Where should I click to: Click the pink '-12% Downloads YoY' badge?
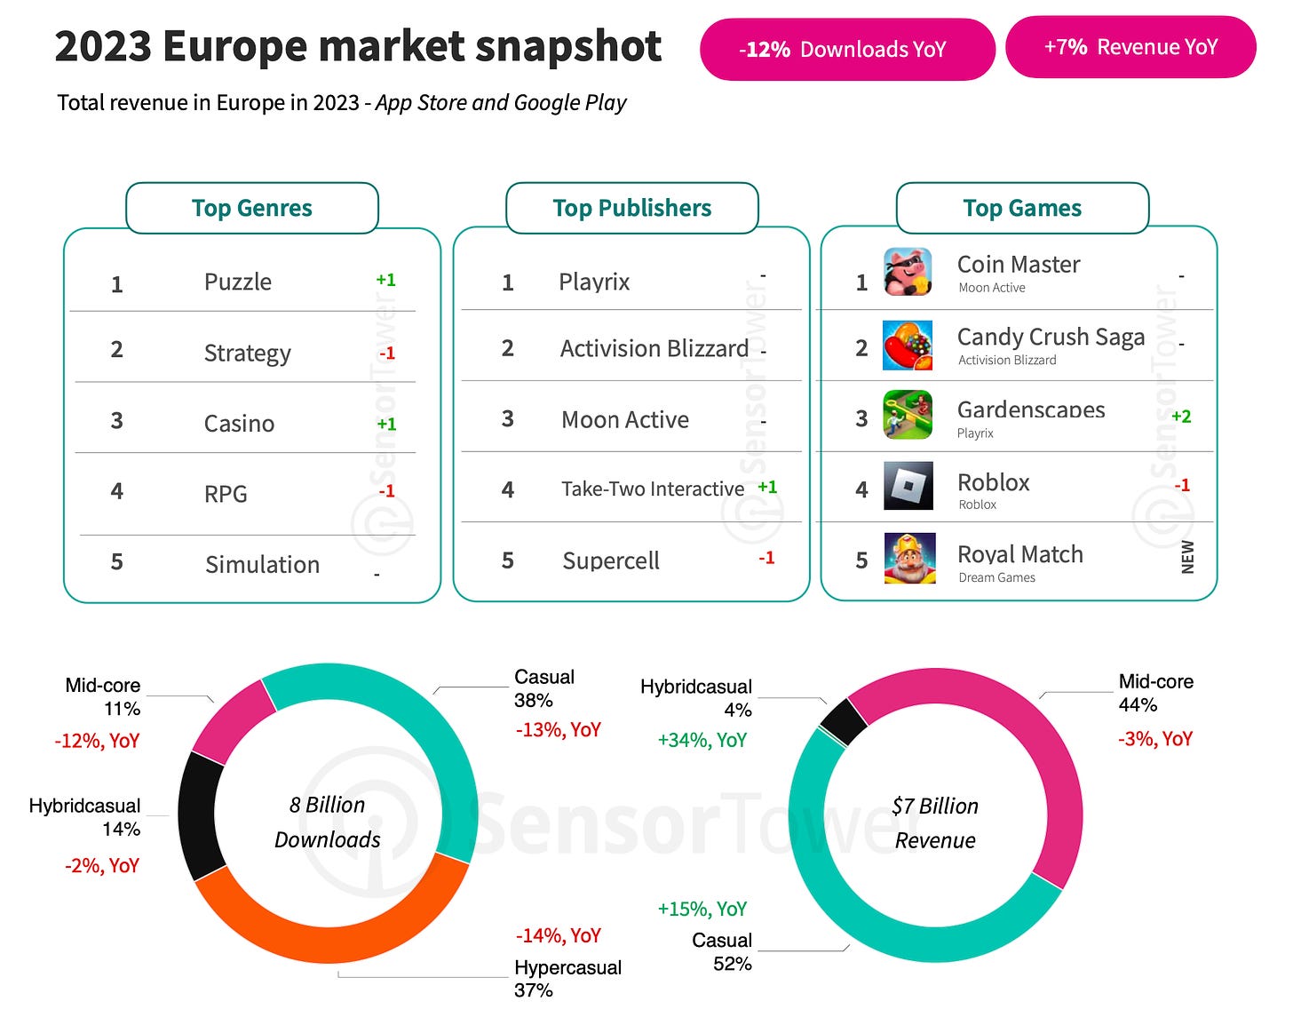tap(846, 50)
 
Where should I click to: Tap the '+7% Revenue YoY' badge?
tap(1130, 47)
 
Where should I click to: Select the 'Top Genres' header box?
tap(252, 208)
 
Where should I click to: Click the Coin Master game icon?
tap(908, 272)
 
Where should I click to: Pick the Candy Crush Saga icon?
tap(908, 345)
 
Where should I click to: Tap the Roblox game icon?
tap(908, 486)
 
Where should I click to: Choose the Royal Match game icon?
tap(909, 558)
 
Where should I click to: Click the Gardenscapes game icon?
tap(908, 415)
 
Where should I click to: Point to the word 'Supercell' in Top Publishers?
tap(611, 560)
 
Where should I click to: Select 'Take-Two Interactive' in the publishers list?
tap(653, 489)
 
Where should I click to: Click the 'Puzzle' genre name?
tap(238, 282)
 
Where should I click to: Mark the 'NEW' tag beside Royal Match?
tap(1187, 557)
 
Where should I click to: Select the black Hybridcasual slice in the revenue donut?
tap(844, 721)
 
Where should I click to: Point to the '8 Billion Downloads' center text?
tap(328, 822)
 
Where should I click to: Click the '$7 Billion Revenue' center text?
tap(935, 823)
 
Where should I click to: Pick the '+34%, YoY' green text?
tap(702, 740)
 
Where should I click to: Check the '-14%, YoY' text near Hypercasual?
tap(559, 935)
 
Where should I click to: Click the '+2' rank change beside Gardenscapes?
tap(1181, 416)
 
